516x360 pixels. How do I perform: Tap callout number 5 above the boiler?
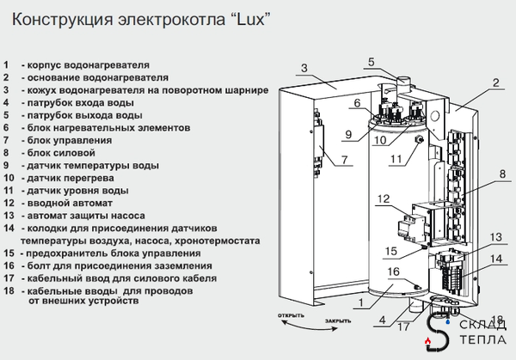371,61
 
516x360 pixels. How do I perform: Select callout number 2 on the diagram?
495,83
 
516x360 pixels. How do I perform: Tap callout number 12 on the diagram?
384,199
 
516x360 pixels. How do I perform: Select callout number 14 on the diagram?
496,258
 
